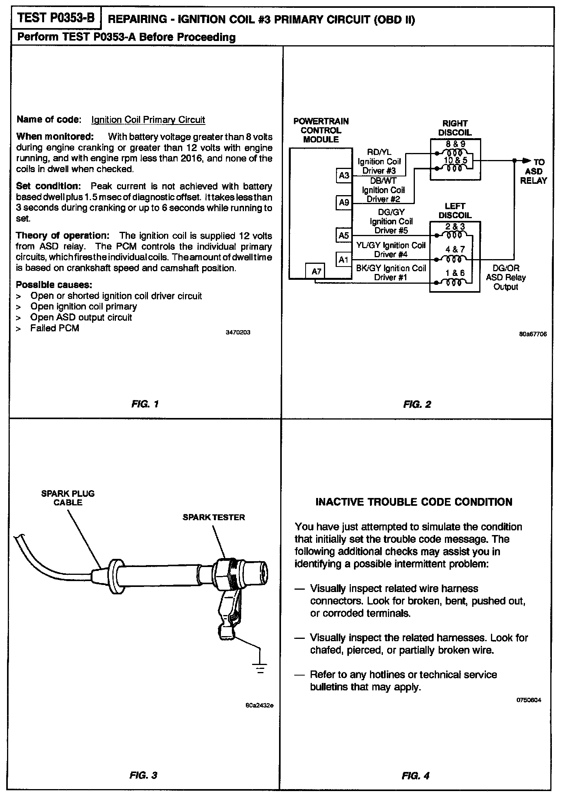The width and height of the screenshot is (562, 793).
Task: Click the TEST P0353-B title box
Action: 57,18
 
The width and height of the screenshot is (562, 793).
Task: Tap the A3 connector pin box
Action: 344,176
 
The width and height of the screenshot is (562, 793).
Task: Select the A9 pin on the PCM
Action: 344,203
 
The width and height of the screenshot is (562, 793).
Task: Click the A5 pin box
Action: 344,235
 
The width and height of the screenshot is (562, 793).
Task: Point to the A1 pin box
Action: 343,260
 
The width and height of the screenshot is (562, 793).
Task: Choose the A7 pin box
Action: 316,271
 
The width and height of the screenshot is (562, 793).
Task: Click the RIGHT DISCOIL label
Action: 455,128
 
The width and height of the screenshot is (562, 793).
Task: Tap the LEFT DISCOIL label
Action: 455,211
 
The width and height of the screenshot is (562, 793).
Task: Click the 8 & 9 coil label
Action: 455,144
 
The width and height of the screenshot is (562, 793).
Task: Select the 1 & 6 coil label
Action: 455,273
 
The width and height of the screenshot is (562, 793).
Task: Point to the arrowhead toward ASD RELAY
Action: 527,160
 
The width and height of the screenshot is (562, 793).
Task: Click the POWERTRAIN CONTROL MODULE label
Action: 321,130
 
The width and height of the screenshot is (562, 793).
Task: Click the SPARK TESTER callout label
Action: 214,517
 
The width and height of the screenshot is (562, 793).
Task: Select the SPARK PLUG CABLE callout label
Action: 68,498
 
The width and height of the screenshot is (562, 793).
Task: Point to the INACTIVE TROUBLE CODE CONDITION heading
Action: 414,502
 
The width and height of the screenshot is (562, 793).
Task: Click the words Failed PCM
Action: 55,328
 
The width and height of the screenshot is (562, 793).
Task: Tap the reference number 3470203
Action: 238,332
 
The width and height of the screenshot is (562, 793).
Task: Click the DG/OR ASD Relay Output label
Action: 506,277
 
